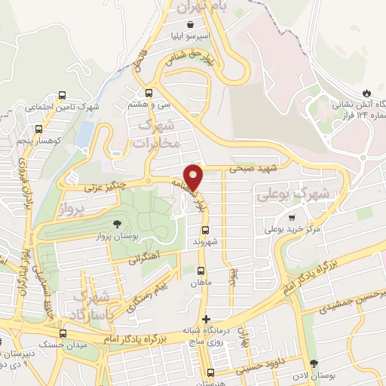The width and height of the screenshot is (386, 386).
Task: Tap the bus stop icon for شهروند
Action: [x=205, y=231]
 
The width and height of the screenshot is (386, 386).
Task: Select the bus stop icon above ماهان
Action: [x=201, y=270]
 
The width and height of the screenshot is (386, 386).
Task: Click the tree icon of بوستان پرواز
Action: [x=117, y=224]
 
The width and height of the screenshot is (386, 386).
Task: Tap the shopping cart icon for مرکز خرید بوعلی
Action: [x=270, y=217]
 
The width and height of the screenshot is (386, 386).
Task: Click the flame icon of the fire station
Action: [x=367, y=91]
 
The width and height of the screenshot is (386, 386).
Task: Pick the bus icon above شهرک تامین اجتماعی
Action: [x=62, y=95]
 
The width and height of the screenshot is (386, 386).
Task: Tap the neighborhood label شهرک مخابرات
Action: [x=160, y=133]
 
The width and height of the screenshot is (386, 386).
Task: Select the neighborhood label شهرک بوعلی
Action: [x=293, y=194]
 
